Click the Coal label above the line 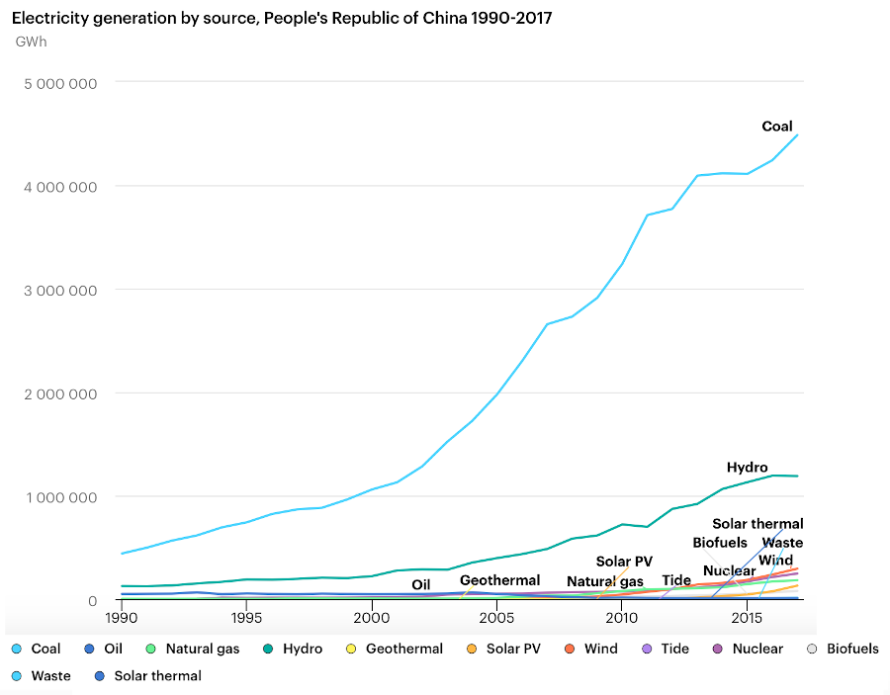[776, 127]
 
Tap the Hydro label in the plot [747, 468]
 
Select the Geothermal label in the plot [499, 580]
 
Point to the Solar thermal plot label [757, 524]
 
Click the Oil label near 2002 [421, 585]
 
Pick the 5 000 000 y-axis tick [59, 83]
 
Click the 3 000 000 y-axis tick [59, 290]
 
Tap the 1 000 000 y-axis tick [59, 497]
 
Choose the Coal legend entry [45, 650]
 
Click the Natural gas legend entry [202, 650]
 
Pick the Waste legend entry [50, 676]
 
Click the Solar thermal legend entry [157, 676]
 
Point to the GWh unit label [31, 43]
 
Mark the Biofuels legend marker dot [812, 650]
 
